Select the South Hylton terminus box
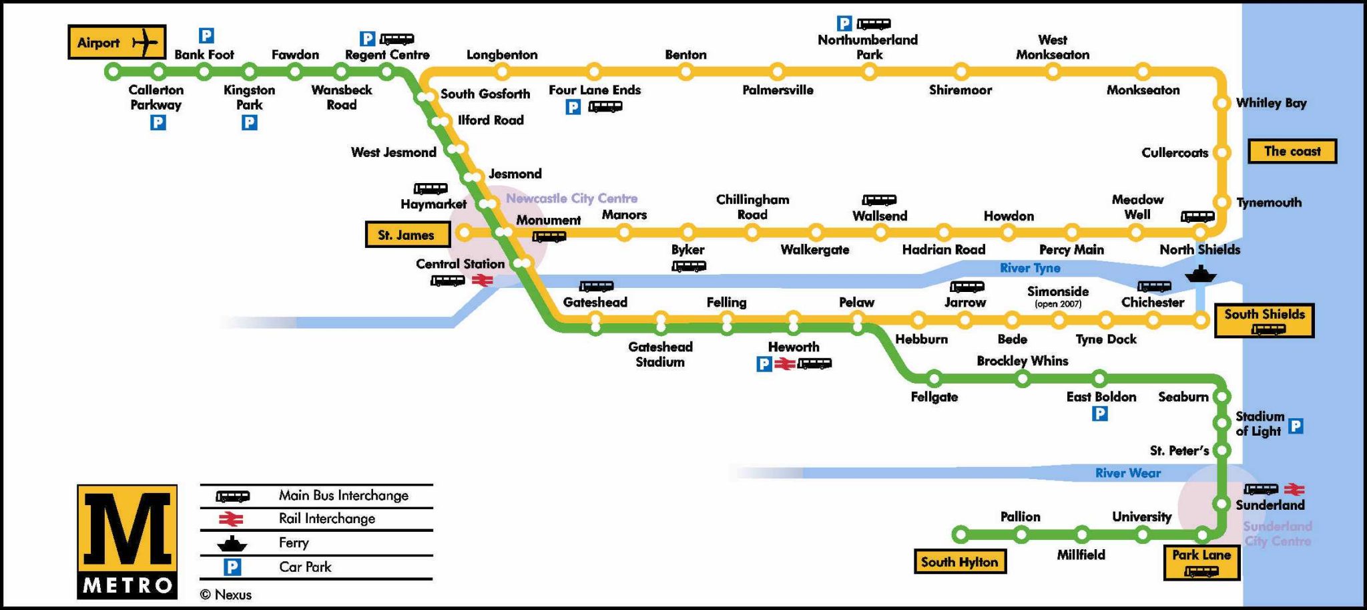click(959, 562)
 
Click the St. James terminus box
click(407, 235)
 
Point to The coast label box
click(1292, 151)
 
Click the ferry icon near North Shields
click(1200, 273)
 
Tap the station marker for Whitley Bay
click(1221, 103)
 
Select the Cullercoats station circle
click(1221, 152)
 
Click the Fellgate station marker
click(934, 379)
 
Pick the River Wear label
click(1127, 473)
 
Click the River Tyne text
click(1030, 268)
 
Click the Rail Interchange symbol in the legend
click(231, 519)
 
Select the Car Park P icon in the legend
click(232, 567)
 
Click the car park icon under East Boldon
click(1099, 414)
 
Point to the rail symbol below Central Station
click(482, 281)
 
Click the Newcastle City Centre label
click(571, 198)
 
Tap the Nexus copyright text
click(226, 595)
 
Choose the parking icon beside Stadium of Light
click(1296, 426)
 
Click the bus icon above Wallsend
click(879, 200)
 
